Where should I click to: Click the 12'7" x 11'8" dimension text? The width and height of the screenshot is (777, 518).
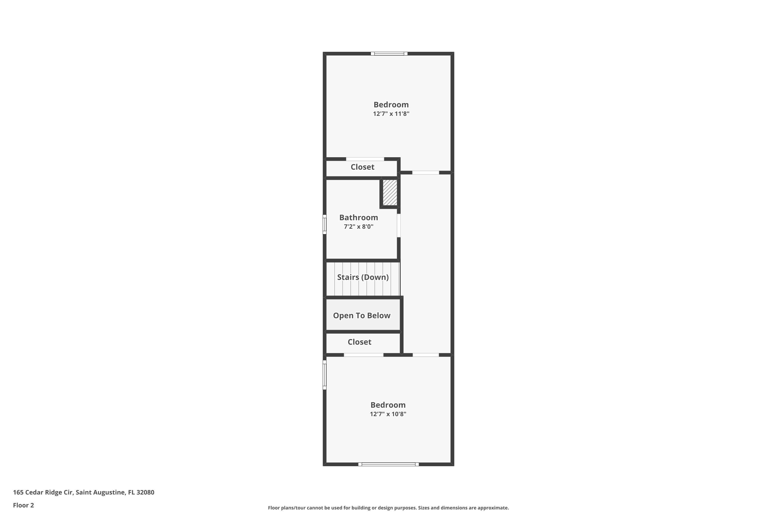pyautogui.click(x=391, y=114)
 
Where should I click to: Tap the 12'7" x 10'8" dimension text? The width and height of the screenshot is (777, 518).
pyautogui.click(x=388, y=414)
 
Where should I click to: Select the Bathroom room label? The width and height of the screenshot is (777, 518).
pyautogui.click(x=358, y=217)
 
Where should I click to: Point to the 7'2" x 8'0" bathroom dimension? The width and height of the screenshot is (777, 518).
pyautogui.click(x=358, y=227)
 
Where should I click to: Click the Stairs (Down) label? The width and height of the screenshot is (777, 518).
pyautogui.click(x=363, y=277)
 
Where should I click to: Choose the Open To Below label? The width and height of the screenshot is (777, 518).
pyautogui.click(x=362, y=315)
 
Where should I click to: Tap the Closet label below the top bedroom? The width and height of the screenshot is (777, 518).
pyautogui.click(x=362, y=167)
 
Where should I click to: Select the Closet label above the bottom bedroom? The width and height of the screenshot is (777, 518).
pyautogui.click(x=359, y=342)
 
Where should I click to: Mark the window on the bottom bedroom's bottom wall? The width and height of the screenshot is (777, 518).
pyautogui.click(x=388, y=464)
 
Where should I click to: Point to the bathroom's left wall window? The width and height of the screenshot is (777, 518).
pyautogui.click(x=325, y=225)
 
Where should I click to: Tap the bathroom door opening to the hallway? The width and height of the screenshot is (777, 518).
pyautogui.click(x=399, y=225)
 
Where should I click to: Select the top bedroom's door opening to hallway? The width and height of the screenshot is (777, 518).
pyautogui.click(x=426, y=172)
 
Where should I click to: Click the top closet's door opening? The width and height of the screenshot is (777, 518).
pyautogui.click(x=365, y=159)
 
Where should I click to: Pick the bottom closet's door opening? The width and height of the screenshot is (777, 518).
pyautogui.click(x=363, y=355)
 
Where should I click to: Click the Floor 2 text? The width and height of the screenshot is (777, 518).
pyautogui.click(x=24, y=505)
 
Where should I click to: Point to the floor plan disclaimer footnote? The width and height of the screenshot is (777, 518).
pyautogui.click(x=388, y=508)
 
